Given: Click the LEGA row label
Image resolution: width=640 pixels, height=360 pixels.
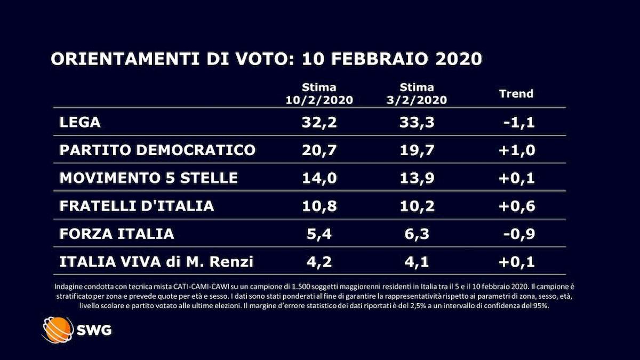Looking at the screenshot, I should (x=80, y=122).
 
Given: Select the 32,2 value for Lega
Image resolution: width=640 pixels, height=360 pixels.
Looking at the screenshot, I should (x=319, y=122).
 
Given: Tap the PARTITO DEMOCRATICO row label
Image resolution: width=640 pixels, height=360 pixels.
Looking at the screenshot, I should (x=158, y=150).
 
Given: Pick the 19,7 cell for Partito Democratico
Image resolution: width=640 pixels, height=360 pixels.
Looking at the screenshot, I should (x=418, y=150).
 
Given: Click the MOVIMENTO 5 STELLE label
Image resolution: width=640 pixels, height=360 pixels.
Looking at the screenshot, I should (x=148, y=178).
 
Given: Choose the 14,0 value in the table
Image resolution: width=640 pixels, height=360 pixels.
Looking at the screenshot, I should (x=319, y=178).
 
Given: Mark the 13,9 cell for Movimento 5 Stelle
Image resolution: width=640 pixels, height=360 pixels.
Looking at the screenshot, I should (x=418, y=178).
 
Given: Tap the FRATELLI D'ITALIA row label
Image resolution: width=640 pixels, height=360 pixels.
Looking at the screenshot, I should (x=137, y=205).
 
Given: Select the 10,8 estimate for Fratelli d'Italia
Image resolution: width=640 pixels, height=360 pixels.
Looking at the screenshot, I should (x=319, y=205).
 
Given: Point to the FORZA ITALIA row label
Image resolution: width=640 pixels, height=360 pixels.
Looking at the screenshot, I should (x=117, y=233).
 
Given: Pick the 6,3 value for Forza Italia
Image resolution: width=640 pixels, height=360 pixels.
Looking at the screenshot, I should (x=418, y=233).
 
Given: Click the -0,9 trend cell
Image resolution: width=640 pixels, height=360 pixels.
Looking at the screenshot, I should (x=518, y=233).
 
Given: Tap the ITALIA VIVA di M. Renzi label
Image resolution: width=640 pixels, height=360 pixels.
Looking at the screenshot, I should (x=156, y=261).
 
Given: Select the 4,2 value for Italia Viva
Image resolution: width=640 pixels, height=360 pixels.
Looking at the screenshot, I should (x=319, y=261).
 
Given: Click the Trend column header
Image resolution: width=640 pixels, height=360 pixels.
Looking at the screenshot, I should (x=516, y=94).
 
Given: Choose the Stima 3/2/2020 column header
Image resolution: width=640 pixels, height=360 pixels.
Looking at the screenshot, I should (x=418, y=93).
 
